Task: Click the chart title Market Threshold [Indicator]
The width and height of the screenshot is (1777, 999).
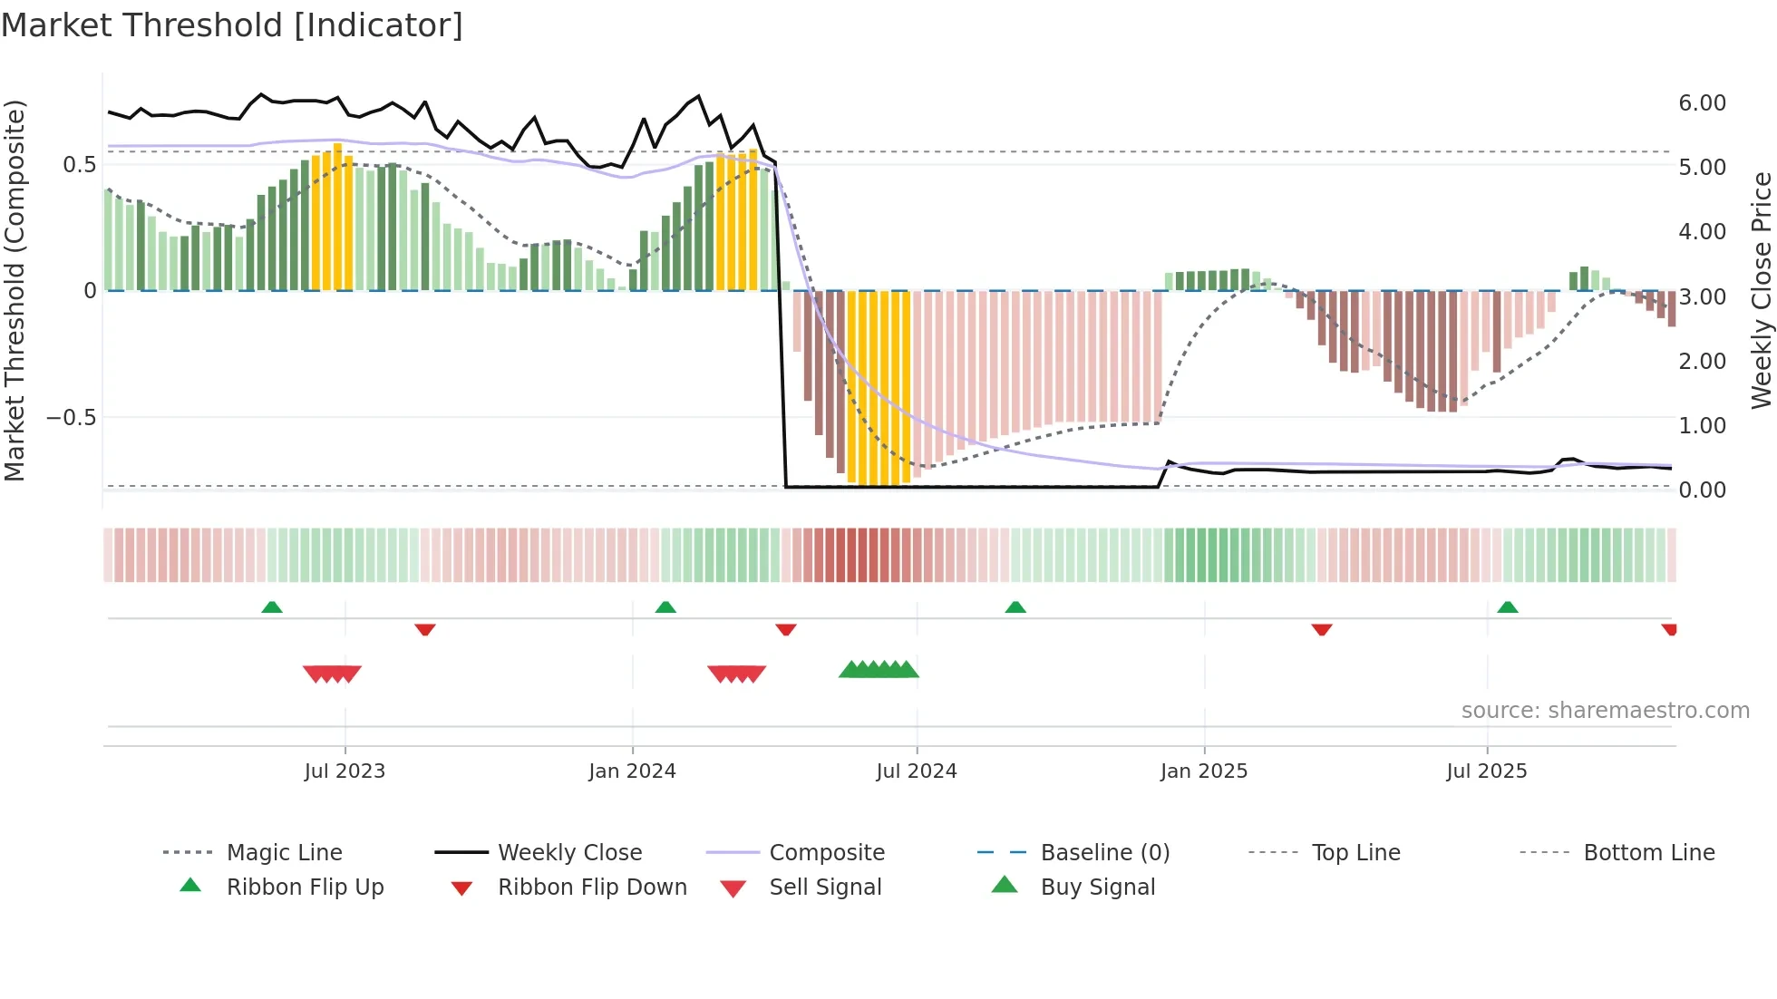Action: pos(232,25)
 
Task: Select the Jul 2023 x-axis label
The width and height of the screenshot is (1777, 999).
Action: pos(345,771)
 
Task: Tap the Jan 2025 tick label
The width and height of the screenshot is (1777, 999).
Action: pos(1203,771)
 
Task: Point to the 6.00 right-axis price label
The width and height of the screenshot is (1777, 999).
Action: pos(1702,103)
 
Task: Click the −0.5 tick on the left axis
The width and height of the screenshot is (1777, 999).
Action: pos(71,418)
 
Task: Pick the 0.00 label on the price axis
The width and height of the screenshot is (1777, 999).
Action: pos(1702,490)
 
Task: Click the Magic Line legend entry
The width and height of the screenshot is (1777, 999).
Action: pos(284,853)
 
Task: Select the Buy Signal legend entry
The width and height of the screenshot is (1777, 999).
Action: pos(1097,887)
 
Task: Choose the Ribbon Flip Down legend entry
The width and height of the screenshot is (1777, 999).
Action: pos(592,887)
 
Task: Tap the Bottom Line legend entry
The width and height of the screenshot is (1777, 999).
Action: pos(1648,853)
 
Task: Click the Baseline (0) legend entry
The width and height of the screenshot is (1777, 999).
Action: pos(1104,853)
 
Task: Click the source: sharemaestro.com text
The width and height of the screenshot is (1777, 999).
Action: pos(1605,711)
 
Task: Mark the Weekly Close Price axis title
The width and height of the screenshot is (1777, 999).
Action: pos(1761,290)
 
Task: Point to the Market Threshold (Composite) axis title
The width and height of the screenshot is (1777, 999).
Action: pos(15,290)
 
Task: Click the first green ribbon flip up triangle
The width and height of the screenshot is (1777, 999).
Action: pos(272,607)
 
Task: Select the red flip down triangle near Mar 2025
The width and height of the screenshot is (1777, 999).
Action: pos(1321,629)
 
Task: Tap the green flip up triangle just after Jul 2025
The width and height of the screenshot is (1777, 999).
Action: pos(1507,607)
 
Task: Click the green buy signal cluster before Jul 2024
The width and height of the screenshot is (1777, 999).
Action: pos(879,670)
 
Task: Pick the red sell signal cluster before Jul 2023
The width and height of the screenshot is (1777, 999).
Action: pos(332,674)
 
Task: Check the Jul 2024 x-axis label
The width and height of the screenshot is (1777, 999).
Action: pos(916,771)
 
